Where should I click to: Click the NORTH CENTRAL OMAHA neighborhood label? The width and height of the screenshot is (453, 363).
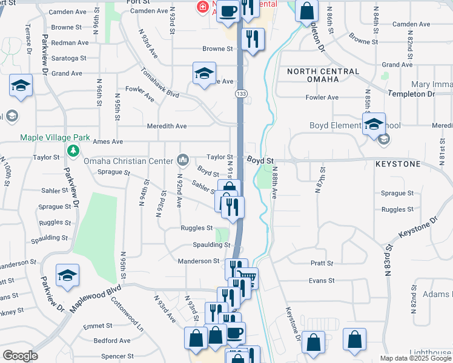[323, 76]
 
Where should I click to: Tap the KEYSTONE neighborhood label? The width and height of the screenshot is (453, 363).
[397, 164]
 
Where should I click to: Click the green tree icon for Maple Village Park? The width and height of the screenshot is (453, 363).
[73, 150]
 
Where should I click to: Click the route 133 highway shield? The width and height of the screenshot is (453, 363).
[241, 94]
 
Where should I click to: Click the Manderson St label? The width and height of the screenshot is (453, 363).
[198, 261]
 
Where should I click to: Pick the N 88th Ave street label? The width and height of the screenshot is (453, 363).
[274, 183]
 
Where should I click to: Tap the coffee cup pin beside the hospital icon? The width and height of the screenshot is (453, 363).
[228, 11]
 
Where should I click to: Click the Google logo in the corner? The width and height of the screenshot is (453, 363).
[20, 355]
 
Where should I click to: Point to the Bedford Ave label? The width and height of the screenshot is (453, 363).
[113, 341]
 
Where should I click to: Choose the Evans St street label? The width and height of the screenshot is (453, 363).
[322, 280]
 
